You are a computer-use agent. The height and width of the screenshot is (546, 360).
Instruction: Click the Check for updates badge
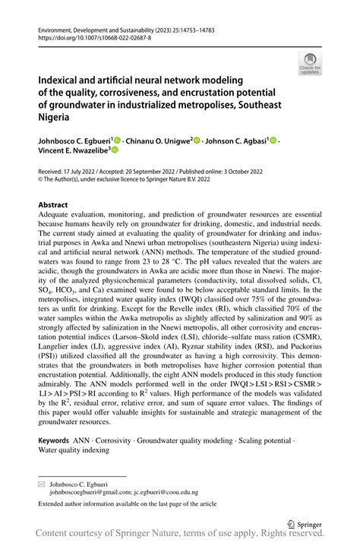coord(311,64)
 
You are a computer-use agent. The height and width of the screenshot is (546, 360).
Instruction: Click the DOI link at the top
coord(90,36)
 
